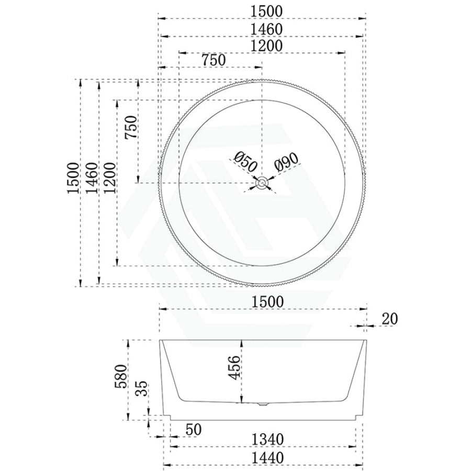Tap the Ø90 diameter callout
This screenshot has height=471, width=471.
point(286,162)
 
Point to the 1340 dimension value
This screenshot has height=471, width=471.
point(267,440)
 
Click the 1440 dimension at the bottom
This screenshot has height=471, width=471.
point(267,458)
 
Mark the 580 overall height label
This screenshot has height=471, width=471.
point(121,376)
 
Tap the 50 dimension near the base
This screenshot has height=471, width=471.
point(194,430)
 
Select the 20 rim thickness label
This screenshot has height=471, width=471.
point(389,319)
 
